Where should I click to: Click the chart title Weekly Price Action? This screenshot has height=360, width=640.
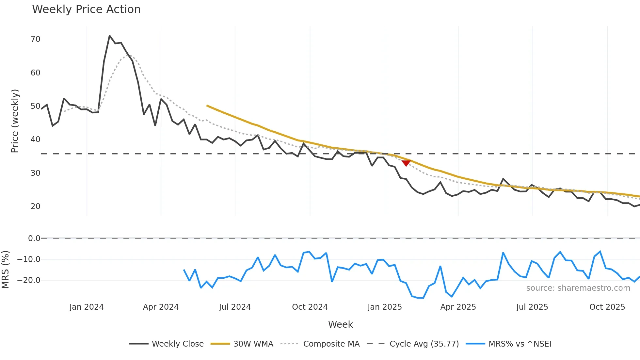point(86,9)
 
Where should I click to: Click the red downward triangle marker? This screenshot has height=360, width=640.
point(406,163)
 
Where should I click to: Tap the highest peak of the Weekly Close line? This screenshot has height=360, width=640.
point(110,36)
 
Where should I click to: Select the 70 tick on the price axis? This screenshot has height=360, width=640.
point(35,39)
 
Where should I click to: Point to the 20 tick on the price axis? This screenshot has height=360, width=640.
point(35,206)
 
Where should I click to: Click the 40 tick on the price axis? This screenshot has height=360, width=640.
point(35,139)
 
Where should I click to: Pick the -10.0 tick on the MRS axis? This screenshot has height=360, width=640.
point(29,259)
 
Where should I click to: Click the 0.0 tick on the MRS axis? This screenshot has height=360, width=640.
point(34,238)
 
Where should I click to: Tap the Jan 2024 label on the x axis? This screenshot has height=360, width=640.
point(87,307)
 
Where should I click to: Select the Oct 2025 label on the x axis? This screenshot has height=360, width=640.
point(607,307)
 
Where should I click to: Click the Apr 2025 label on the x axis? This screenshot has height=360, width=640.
point(458,307)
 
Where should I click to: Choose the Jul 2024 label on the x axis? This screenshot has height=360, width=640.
point(235,307)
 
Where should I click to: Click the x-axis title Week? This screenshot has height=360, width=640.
point(340,324)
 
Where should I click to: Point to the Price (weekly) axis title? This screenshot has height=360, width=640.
point(15,121)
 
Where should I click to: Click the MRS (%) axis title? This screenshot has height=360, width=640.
point(6,270)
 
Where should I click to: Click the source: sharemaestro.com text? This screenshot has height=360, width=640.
point(578,288)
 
